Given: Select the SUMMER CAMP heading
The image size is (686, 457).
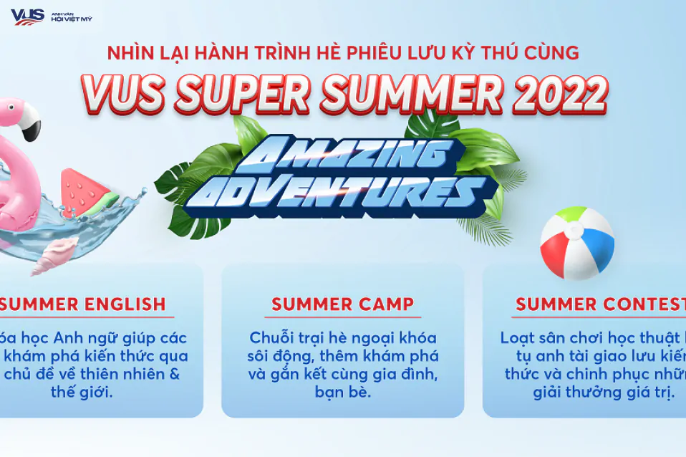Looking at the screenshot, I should click(x=342, y=304).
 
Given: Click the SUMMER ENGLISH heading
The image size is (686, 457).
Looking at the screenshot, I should click(x=83, y=304).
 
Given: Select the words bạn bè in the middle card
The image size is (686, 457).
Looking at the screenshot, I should click(x=342, y=392).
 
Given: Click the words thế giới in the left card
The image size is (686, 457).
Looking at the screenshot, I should click(x=81, y=392).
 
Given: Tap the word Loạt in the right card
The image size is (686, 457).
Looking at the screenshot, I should click(x=518, y=337).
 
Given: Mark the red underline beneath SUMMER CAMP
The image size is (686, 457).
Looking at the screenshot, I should click(x=342, y=317).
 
